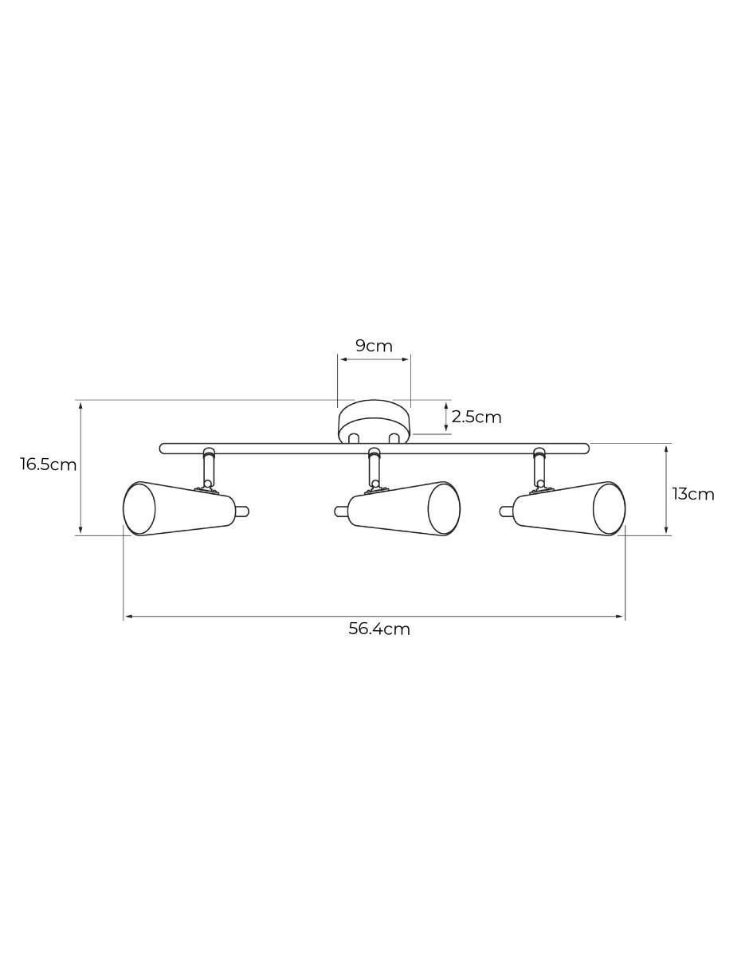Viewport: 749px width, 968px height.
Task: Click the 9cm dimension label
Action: tap(374, 346)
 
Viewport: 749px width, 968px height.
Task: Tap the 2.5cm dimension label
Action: tap(476, 417)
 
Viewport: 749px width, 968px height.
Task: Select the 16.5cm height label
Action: tap(48, 464)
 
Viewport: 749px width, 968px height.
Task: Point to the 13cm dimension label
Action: tap(693, 494)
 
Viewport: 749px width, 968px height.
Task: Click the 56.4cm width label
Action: tap(379, 629)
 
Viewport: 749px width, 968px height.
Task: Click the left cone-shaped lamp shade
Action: tap(179, 508)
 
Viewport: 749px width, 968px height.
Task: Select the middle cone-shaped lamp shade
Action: tap(404, 508)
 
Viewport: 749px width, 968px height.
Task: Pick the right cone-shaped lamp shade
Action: tap(569, 508)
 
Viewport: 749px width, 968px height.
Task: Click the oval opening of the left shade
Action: tap(139, 508)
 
